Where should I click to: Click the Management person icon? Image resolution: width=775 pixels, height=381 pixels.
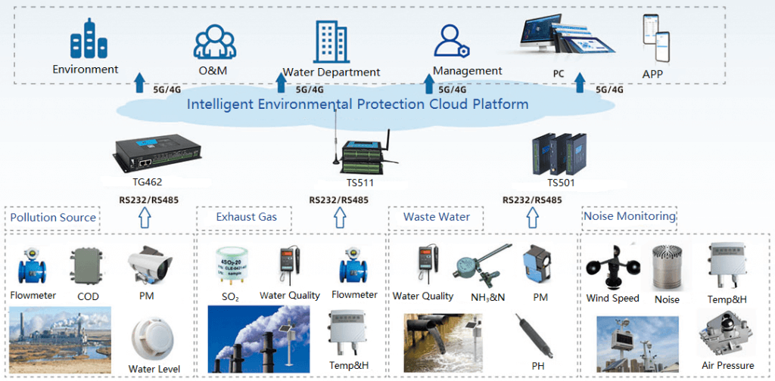[453, 42]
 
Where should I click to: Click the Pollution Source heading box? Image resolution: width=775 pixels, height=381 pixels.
[53, 218]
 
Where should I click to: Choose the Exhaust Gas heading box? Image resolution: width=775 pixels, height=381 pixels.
[247, 218]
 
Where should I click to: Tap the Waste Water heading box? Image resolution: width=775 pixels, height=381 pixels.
[436, 217]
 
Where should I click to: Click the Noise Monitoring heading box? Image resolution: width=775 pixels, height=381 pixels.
[628, 216]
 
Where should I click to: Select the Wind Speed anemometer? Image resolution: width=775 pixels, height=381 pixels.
[612, 268]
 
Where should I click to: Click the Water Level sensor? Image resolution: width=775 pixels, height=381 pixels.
[153, 336]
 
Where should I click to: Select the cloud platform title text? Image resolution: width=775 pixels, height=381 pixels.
[357, 104]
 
